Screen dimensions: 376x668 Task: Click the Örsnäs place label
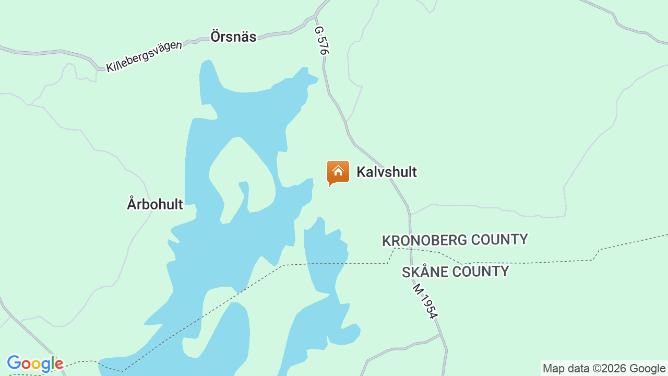pos(233,37)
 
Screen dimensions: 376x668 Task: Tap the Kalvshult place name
pos(386,172)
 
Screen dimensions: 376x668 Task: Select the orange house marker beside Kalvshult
pos(338,173)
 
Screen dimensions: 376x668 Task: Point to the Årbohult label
pos(155,204)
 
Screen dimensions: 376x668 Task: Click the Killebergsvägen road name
pos(144,56)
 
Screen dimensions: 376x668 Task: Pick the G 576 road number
pos(321,41)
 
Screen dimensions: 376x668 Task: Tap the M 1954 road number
pos(425,300)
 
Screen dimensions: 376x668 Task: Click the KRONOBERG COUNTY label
pos(455,240)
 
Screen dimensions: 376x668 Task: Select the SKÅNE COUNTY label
pos(455,272)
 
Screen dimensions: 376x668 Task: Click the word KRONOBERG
pos(424,241)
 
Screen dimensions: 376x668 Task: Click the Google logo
pos(35,363)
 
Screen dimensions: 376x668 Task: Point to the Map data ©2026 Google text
pos(604,369)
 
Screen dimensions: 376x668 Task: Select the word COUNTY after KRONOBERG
pos(499,240)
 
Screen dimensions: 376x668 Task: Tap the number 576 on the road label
pos(323,46)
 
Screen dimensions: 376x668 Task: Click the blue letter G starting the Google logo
pos(14,363)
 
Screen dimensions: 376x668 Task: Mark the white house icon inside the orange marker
pos(338,171)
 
